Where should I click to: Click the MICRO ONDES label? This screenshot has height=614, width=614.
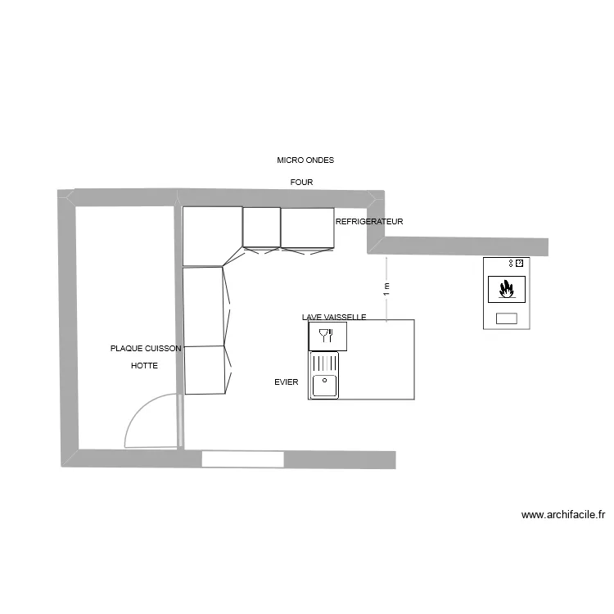click(305, 160)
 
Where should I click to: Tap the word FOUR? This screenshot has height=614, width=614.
click(301, 182)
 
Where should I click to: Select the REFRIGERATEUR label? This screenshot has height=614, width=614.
click(369, 222)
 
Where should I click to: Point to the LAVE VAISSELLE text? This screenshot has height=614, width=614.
click(333, 317)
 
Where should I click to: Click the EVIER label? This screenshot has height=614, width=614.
click(287, 381)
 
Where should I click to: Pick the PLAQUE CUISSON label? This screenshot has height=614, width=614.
click(146, 348)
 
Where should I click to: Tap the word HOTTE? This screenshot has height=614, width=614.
click(144, 366)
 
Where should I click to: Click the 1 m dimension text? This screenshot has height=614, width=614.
click(386, 289)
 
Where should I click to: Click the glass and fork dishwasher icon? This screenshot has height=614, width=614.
click(327, 334)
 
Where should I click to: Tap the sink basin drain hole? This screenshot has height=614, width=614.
click(325, 380)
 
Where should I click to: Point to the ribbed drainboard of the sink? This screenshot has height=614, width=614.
click(324, 362)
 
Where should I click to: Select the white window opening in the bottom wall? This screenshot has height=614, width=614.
click(243, 458)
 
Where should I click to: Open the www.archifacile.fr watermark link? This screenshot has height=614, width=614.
click(563, 515)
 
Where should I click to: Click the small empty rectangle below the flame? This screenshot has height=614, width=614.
click(507, 318)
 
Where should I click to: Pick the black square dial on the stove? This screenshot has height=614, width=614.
click(519, 263)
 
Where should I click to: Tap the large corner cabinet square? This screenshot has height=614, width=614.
click(211, 236)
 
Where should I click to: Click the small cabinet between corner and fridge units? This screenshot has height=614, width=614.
click(262, 227)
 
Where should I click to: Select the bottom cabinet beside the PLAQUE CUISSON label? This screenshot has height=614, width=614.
click(205, 369)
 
